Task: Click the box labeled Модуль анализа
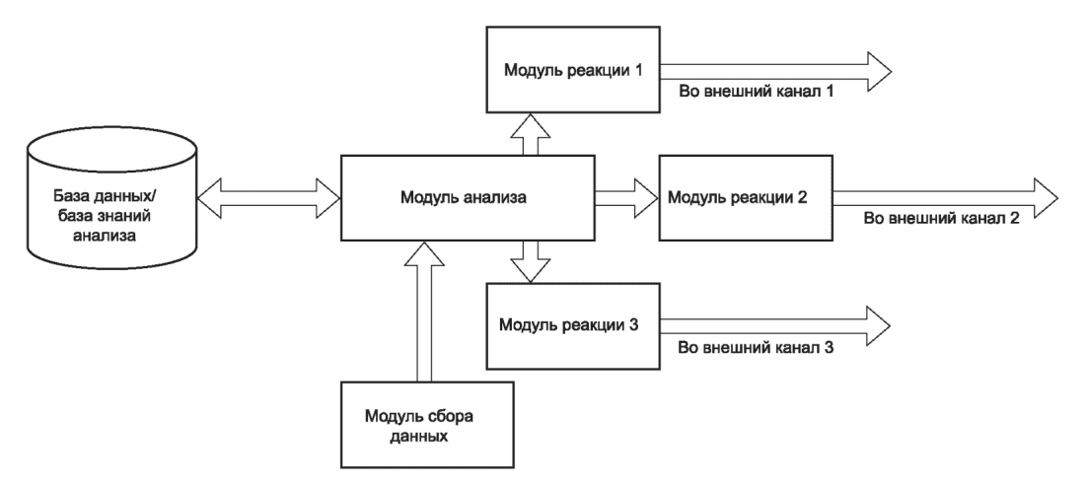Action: coord(468,198)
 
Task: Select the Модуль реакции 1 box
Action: coord(573,69)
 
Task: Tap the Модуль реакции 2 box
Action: coord(746,198)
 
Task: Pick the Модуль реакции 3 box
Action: coord(573,325)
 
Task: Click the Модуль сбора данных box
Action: coord(427,425)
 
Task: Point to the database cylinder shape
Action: coord(111,203)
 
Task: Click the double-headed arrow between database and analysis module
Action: coord(269,198)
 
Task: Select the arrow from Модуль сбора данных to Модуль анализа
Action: coord(424,311)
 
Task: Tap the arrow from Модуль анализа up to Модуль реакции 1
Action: coord(531,134)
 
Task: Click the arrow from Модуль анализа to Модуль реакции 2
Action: coord(626,198)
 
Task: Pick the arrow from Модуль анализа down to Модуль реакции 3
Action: coord(531,262)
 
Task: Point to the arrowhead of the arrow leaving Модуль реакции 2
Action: coord(1047,198)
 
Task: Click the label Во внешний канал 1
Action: coord(755,92)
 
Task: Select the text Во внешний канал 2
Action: coord(941,218)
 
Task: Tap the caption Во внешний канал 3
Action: coord(756,348)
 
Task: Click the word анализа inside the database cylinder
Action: coord(111,236)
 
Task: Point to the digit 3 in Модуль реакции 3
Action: coord(633,324)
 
